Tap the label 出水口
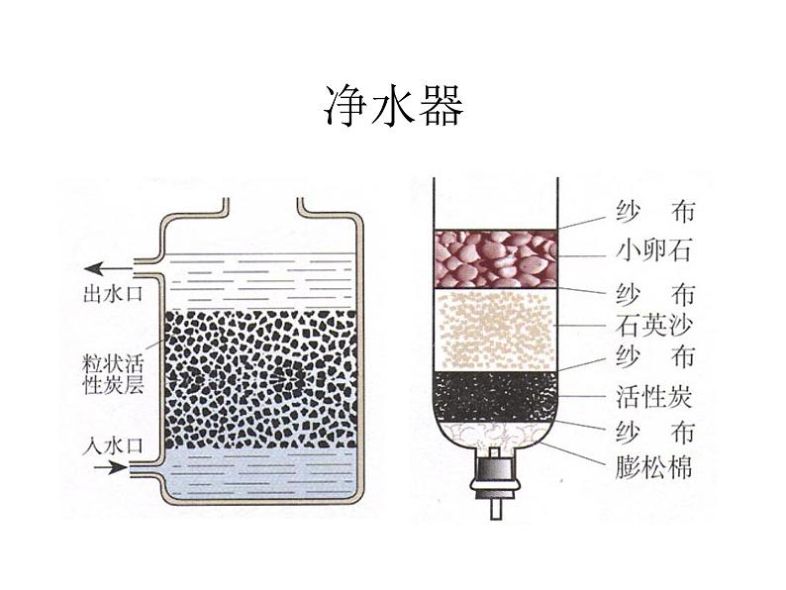112,293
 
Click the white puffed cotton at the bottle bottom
494,435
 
